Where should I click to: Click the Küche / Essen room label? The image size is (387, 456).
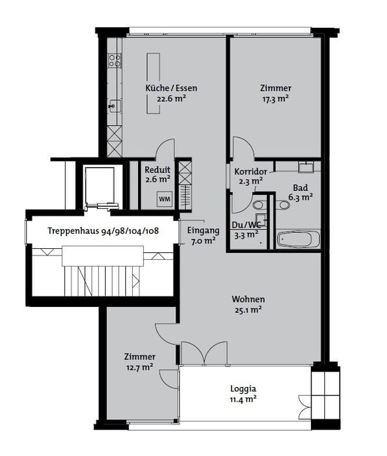[171, 88]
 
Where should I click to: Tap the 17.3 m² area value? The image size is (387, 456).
[275, 99]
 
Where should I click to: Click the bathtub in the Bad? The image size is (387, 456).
[298, 240]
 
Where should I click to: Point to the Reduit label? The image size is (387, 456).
[157, 170]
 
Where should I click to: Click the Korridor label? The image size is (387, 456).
[248, 172]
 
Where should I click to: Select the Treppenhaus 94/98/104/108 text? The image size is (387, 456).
[103, 231]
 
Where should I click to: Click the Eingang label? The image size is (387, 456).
[203, 230]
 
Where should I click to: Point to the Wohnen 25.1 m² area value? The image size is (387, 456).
[248, 310]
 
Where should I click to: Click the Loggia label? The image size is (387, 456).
[243, 389]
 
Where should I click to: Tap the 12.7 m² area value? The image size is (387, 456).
[140, 367]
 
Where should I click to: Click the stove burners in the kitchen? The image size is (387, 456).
[115, 61]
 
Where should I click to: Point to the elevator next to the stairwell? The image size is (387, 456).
[100, 187]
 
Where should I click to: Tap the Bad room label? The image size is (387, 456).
[300, 188]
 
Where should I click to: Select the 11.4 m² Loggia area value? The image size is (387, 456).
[243, 399]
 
